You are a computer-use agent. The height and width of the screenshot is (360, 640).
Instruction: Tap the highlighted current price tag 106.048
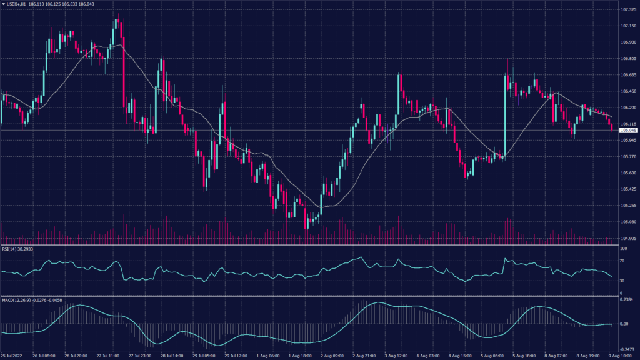coord(627,130)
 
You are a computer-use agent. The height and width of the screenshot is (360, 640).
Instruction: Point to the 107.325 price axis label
coord(627,10)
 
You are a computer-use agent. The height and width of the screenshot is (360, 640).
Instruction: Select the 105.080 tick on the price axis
coord(627,221)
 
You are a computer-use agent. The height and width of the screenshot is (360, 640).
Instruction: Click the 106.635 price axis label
coord(627,75)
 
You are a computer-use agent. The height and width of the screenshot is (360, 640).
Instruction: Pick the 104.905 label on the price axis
coord(627,238)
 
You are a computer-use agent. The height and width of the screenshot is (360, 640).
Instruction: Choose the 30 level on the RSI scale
coord(622,281)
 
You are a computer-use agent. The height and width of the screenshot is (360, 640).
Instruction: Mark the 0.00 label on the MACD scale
coord(624,324)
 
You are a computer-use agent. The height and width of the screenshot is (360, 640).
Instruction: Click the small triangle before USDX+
coord(4,4)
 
